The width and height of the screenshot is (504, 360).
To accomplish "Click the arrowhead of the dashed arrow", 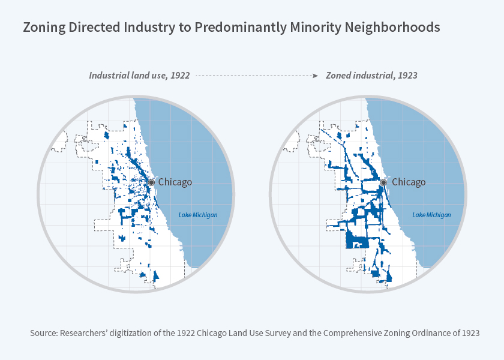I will point(316,76).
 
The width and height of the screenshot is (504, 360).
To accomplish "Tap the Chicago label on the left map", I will point(175,182).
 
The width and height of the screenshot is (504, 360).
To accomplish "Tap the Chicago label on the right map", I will point(408,182).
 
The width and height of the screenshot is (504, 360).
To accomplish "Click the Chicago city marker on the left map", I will point(152,182).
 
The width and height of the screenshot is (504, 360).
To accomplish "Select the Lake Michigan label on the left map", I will point(198,215).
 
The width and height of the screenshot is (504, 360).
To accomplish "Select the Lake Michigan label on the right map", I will point(431,215).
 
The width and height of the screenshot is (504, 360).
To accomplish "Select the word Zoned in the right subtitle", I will point(338,76).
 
